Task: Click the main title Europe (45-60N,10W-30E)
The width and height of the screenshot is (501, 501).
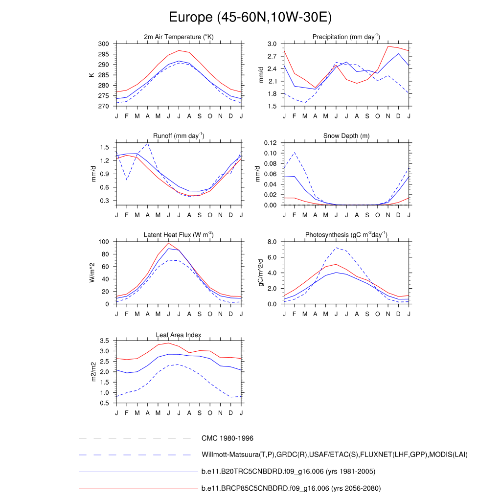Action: point(250,18)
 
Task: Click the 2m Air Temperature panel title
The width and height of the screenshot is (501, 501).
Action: point(179,37)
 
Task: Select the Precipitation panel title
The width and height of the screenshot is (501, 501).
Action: point(346,37)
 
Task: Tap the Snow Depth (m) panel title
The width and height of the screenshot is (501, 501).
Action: point(346,136)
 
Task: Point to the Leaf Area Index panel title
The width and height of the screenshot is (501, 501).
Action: point(179,335)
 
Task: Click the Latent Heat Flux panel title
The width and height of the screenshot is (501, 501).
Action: point(179,235)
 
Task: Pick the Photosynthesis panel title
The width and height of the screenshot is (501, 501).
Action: point(346,235)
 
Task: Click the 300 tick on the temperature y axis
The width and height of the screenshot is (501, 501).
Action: point(103,44)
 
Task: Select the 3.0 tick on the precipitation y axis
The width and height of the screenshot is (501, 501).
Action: point(273,44)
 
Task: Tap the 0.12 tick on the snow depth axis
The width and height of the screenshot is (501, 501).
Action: point(271,143)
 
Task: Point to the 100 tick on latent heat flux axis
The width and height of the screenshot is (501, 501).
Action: point(103,242)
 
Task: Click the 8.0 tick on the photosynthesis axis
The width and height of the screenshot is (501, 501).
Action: point(273,242)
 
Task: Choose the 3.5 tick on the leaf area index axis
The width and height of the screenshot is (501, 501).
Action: point(104,341)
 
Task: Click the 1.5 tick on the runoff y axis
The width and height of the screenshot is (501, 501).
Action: point(104,147)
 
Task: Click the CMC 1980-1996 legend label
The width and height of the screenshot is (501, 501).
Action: point(227,438)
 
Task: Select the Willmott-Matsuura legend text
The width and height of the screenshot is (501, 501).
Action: point(335,455)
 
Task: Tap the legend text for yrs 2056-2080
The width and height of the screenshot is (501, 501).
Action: point(291,488)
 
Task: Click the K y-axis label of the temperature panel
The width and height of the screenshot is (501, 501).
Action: point(91,75)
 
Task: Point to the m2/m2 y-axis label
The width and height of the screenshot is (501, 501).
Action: point(93,371)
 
